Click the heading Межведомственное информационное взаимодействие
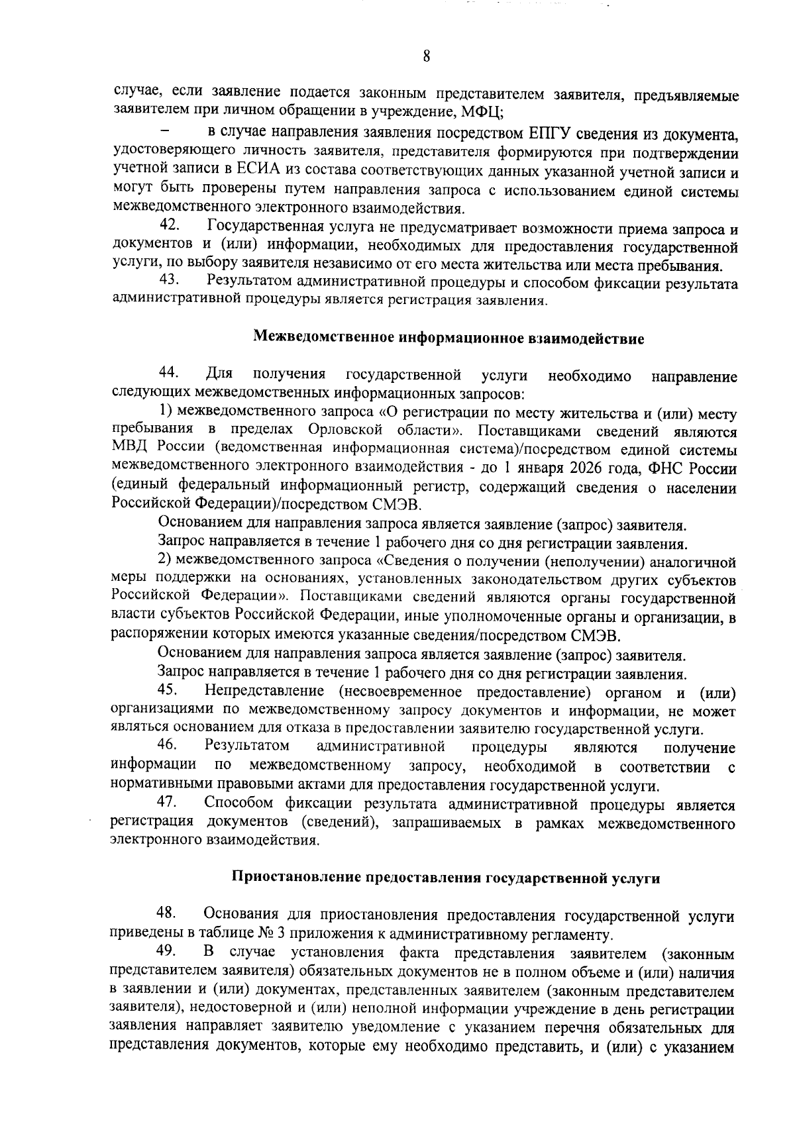449,339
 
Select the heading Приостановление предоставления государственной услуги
445,878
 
